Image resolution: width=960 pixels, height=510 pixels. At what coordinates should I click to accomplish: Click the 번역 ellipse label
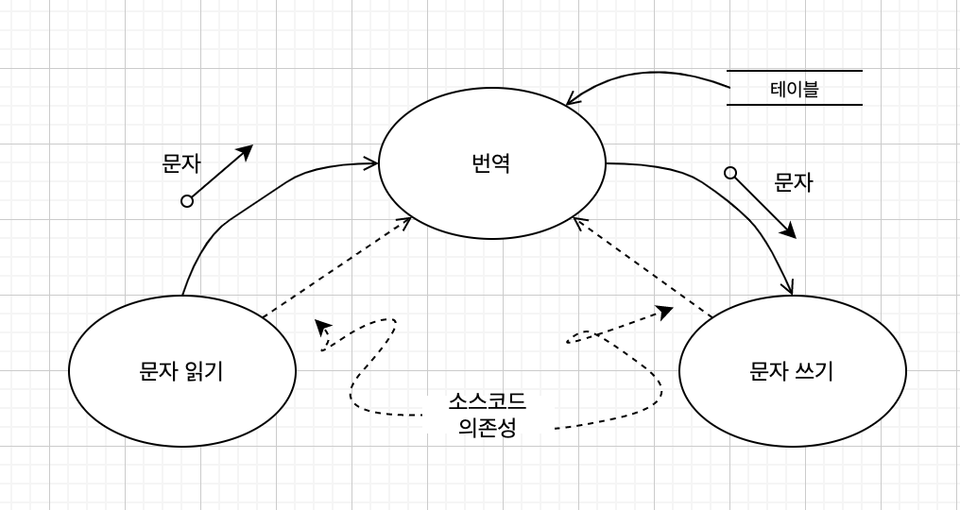491,163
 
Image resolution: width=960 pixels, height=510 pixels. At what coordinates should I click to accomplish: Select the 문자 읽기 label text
181,371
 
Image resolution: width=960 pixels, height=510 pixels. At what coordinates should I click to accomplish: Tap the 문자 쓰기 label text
792,371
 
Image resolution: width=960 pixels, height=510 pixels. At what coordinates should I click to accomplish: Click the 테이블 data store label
794,89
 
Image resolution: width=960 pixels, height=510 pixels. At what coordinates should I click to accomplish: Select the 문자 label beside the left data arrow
181,163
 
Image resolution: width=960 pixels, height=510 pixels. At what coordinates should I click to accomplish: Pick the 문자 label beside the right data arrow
794,182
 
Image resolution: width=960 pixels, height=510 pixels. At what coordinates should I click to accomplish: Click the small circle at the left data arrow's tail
187,200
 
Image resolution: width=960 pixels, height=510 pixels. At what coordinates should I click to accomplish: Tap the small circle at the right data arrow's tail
730,173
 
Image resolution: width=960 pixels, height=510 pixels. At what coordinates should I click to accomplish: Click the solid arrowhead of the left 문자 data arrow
247,150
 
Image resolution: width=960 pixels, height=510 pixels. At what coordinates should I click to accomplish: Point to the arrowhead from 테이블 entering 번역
571,100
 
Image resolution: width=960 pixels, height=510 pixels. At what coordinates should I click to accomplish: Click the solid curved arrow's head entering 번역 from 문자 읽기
371,163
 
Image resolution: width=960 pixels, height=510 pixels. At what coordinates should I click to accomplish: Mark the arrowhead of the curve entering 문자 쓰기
789,289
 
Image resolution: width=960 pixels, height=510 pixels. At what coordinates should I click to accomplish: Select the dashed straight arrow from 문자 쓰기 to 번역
643,268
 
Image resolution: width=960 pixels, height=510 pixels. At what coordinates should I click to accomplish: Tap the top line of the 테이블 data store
794,71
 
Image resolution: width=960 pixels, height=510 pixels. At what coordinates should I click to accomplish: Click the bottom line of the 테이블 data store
794,104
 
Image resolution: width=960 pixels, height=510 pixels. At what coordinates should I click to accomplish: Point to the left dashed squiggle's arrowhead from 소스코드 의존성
323,326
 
